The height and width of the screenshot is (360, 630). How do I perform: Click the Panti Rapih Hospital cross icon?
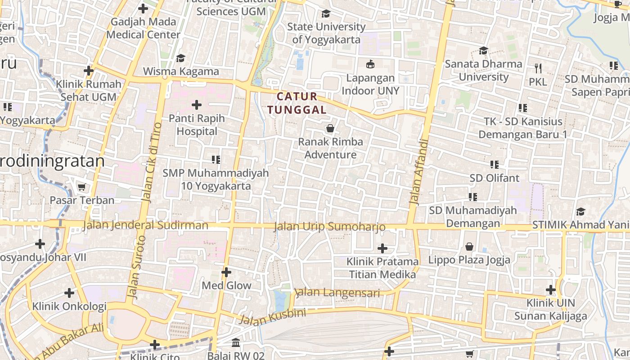click(197, 105)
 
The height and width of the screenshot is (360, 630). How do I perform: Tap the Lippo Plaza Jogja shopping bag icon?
click(469, 247)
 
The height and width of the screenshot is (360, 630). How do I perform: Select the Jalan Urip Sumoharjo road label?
click(330, 226)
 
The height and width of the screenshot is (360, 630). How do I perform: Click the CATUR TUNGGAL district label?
click(297, 103)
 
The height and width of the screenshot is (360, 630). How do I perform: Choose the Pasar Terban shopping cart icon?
click(81, 187)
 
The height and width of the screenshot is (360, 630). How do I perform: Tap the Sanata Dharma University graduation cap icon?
click(484, 50)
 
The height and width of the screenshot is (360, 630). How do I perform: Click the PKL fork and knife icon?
click(538, 68)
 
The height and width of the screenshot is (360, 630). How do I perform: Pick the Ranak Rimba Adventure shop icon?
click(330, 129)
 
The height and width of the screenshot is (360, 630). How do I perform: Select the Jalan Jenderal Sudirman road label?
click(146, 225)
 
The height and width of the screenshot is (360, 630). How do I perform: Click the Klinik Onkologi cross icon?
click(69, 293)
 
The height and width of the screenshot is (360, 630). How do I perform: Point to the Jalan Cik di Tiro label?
click(151, 162)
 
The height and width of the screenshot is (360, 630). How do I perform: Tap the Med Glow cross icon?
click(226, 272)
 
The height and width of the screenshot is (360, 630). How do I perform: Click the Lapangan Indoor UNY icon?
click(370, 64)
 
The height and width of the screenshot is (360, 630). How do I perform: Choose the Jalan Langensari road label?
click(337, 293)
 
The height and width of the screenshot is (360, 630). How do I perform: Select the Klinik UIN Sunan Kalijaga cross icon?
click(550, 290)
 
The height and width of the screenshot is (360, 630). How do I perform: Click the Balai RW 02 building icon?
click(236, 343)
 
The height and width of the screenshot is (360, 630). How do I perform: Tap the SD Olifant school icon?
click(495, 165)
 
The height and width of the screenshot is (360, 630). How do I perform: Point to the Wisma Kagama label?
click(181, 72)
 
